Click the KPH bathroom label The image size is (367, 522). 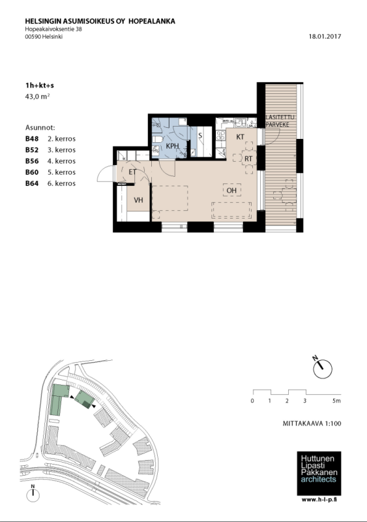[172, 146]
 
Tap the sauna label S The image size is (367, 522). [200, 136]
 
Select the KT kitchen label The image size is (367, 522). [241, 137]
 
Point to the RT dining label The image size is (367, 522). [248, 159]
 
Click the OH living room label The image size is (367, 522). [231, 191]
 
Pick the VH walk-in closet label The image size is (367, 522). [138, 200]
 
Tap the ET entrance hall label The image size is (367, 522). [132, 172]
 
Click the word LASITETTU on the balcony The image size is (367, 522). [280, 117]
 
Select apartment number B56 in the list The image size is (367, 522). [32, 161]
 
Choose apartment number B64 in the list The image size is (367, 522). [32, 183]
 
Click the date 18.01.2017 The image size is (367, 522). [325, 37]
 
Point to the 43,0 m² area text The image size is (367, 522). [37, 97]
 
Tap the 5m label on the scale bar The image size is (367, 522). [336, 401]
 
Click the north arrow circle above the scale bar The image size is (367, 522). [323, 369]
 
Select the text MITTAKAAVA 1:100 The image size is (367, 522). [312, 423]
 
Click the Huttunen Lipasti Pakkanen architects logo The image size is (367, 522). [319, 473]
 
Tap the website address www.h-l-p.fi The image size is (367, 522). [319, 499]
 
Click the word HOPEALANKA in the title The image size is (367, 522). [152, 22]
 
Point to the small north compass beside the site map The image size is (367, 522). [33, 495]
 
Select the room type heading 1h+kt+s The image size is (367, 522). [40, 85]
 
